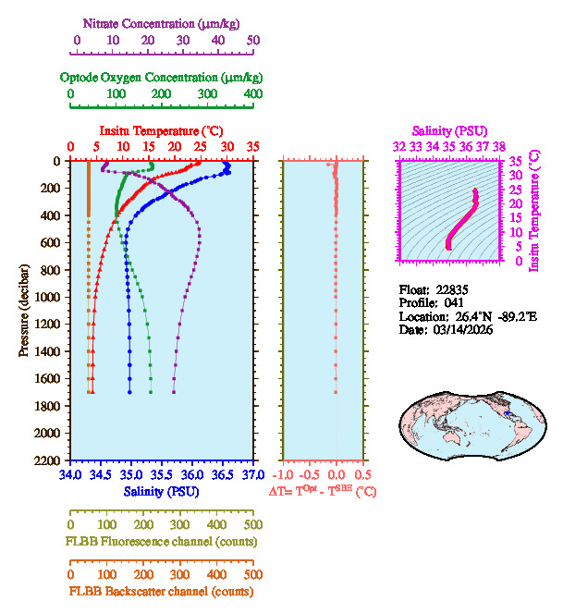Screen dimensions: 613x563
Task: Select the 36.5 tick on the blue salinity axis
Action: (222, 475)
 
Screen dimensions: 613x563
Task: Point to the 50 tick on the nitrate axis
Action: (253, 41)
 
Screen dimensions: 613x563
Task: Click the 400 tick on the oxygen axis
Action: (253, 94)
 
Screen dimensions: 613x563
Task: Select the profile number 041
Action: (453, 302)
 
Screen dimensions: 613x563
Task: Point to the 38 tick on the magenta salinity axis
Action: (499, 146)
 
